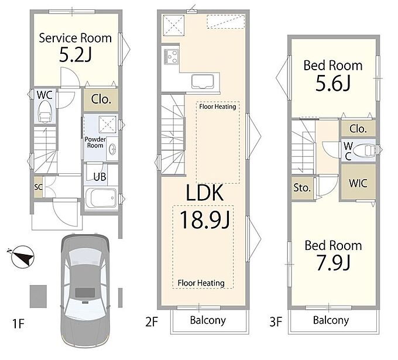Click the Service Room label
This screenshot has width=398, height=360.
(75, 38)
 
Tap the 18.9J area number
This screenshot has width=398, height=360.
(205, 220)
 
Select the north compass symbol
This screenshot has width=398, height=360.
(22, 256)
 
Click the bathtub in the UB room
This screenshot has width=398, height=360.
(101, 198)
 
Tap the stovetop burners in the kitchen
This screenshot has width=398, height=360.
(171, 57)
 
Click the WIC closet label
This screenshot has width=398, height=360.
(358, 183)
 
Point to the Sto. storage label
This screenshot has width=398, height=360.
(302, 188)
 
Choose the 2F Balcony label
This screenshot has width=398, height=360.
(208, 320)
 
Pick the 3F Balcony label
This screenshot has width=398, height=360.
(331, 320)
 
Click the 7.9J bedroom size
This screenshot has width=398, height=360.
(333, 263)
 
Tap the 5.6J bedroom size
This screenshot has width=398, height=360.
(333, 83)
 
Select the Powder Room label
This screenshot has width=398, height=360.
(95, 142)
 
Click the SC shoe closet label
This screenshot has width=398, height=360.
(38, 187)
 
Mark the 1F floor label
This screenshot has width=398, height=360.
(18, 324)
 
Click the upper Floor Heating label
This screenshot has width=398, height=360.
(218, 107)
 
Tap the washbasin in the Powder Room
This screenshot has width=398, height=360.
(112, 148)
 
